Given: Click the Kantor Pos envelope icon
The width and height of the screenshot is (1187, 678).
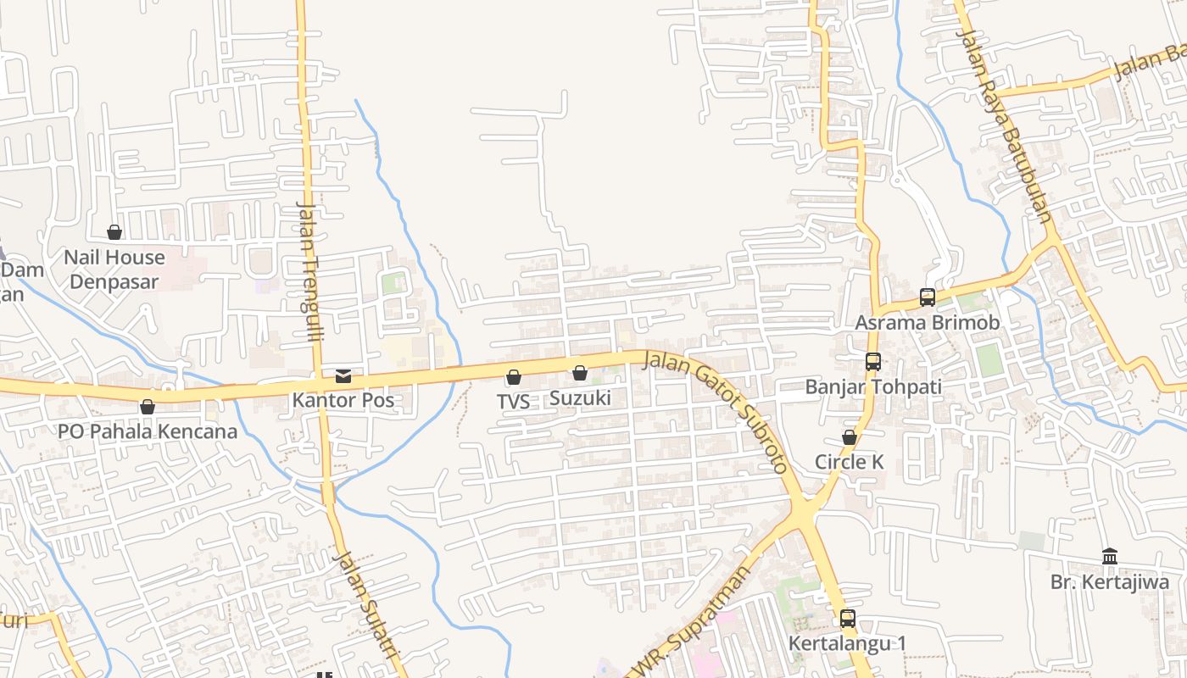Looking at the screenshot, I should tap(343, 376).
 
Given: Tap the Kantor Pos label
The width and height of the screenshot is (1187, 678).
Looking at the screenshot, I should tap(343, 400).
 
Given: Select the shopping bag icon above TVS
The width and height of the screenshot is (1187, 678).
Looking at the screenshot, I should tap(514, 377).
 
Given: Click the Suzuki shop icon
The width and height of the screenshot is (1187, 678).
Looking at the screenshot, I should tap(580, 373).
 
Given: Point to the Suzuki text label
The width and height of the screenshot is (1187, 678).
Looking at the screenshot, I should tap(580, 397).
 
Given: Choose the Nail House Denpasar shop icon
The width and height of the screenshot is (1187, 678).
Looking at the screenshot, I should tap(114, 232).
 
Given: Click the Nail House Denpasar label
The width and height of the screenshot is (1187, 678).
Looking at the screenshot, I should tap(114, 269).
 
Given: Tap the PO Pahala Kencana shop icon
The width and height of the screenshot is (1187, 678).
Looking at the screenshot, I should tap(148, 407).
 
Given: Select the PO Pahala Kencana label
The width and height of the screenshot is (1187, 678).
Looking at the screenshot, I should tap(148, 431).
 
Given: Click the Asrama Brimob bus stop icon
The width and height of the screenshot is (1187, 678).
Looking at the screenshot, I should tap(928, 297).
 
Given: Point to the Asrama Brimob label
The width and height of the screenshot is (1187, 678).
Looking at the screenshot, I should tap(928, 323).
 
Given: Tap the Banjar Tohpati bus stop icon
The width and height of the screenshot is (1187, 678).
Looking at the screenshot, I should tap(873, 362).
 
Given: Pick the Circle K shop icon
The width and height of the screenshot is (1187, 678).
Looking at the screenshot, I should tap(850, 437).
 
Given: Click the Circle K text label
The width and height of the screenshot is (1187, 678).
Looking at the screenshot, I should tap(850, 462).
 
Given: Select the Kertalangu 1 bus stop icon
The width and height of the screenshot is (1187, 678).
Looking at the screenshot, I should tap(848, 619).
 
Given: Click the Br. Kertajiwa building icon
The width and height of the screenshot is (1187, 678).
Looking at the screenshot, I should tap(1110, 557).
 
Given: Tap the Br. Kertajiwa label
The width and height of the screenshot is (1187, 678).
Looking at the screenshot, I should tap(1110, 582).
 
